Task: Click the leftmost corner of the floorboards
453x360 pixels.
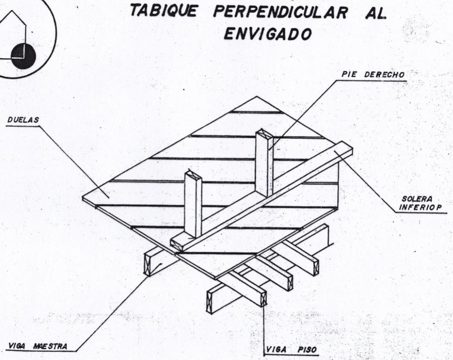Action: click(x=83, y=199)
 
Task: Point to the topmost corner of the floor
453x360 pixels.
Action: click(x=257, y=96)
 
